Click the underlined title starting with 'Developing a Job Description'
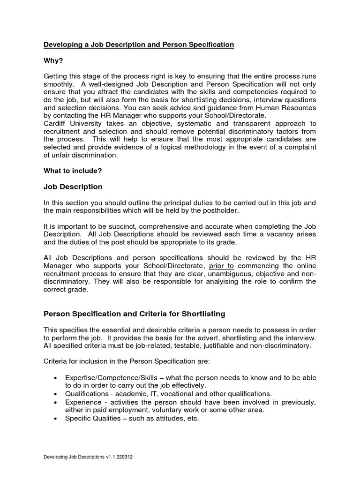click(x=139, y=45)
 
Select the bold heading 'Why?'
click(x=53, y=60)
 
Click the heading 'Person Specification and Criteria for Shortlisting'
click(x=135, y=313)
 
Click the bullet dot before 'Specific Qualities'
click(x=56, y=418)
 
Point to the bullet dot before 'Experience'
click(x=56, y=402)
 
